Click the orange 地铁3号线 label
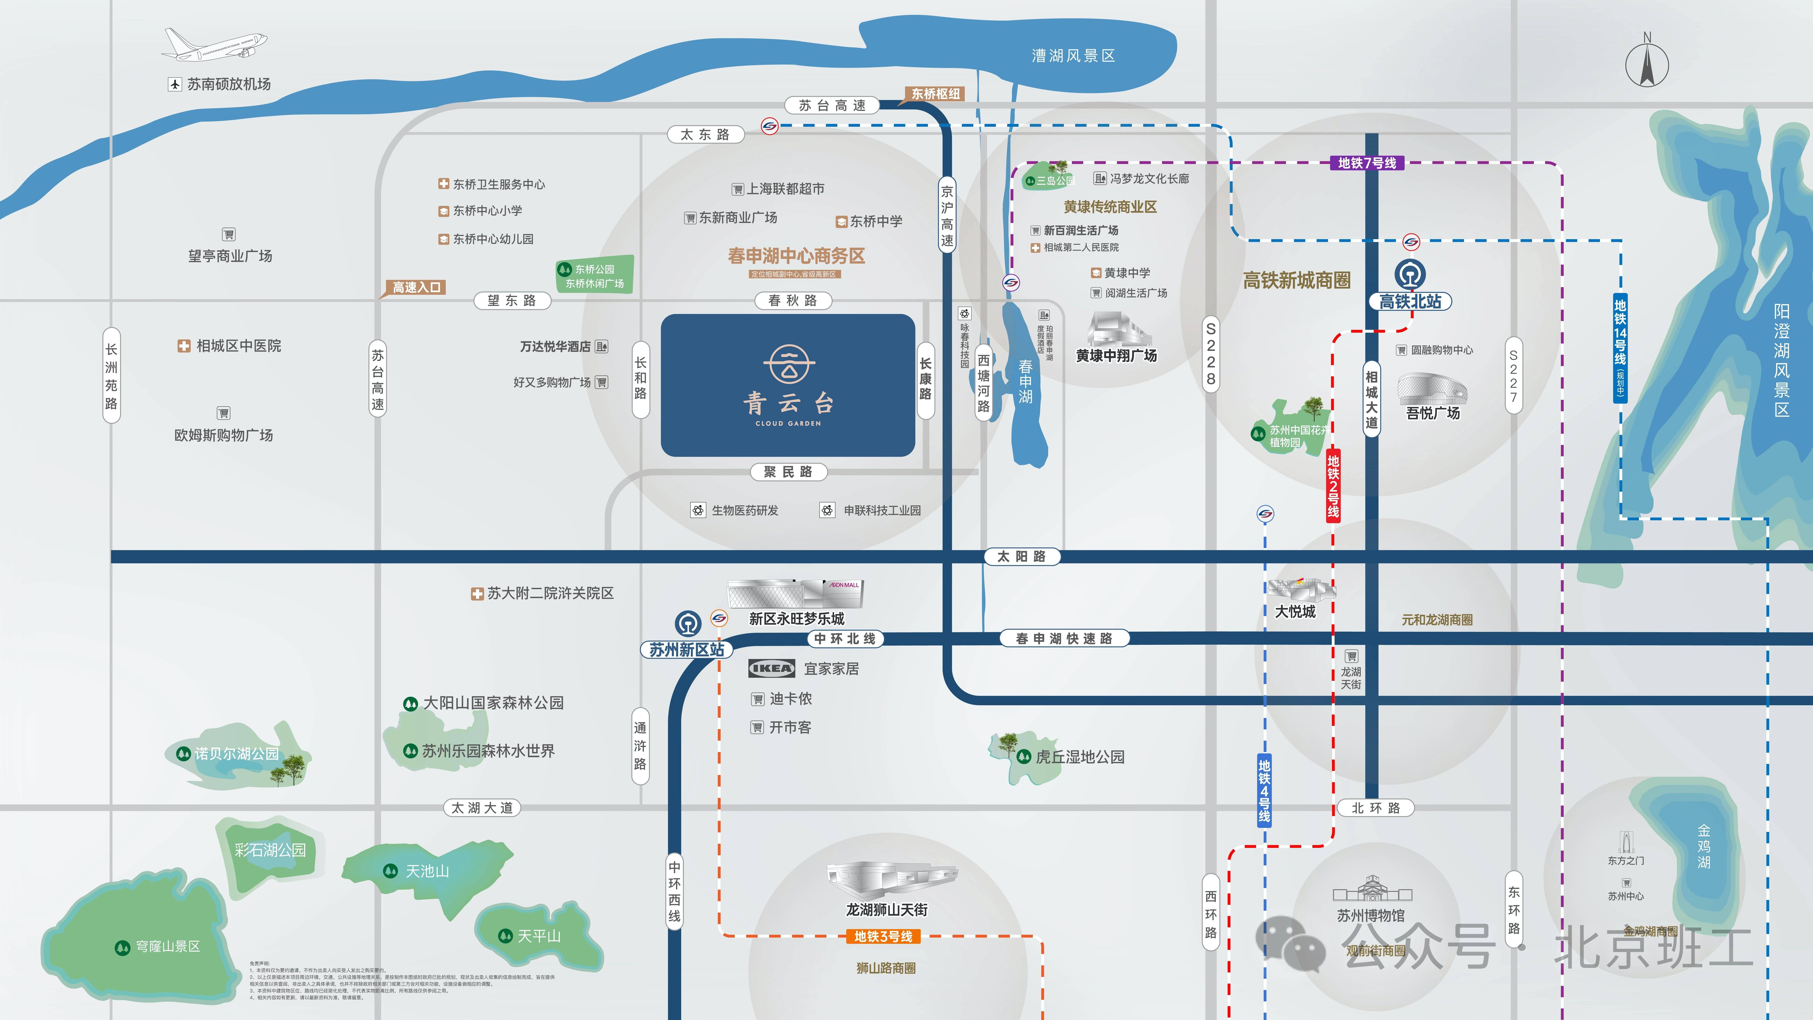click(883, 936)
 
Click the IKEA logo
click(771, 668)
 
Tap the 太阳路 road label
click(1021, 556)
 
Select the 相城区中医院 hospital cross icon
click(184, 346)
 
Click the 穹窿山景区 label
click(167, 946)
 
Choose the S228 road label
click(1210, 353)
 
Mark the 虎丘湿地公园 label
click(1080, 757)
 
